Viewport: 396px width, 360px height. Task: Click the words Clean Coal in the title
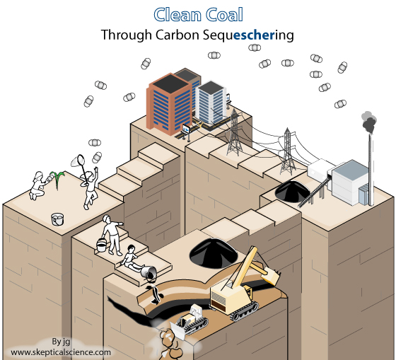198,15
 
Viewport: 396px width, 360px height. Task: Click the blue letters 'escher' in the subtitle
254,35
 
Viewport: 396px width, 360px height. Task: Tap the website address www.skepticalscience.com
61,352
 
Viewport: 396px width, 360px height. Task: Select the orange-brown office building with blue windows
169,103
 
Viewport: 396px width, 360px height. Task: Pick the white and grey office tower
211,103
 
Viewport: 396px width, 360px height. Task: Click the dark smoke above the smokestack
368,122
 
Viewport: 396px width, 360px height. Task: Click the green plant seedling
57,179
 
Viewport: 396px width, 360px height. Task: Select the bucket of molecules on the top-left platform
57,219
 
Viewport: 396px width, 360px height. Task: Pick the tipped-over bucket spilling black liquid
148,272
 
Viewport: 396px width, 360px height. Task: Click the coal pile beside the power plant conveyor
292,191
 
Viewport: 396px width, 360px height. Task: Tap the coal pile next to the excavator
214,253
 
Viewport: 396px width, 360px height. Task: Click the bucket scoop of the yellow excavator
271,275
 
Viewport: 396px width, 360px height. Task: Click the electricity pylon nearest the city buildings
234,133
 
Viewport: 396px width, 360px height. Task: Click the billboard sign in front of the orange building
187,131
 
